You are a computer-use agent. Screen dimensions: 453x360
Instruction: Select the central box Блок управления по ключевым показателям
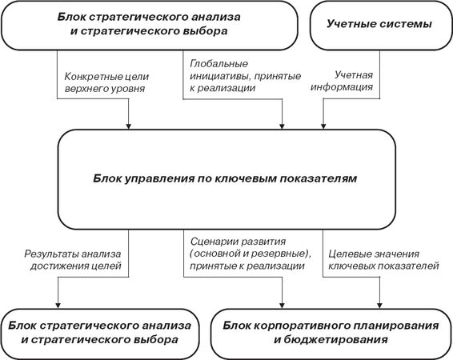[226, 179]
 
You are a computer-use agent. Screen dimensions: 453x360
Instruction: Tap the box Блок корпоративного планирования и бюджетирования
[331, 334]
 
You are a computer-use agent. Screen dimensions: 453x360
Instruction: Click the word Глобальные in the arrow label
[218, 63]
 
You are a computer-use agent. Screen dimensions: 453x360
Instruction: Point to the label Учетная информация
[342, 81]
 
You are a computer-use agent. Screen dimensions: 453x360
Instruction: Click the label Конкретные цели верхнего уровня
[106, 82]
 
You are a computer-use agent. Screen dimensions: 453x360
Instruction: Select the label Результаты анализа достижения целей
[73, 259]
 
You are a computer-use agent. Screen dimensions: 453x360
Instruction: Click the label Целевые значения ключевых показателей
[383, 259]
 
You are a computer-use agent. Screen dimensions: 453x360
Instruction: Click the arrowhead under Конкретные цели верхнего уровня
[129, 126]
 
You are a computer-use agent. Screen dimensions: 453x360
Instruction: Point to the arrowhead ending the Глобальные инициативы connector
[282, 126]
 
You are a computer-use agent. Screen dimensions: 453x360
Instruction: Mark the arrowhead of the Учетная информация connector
[323, 126]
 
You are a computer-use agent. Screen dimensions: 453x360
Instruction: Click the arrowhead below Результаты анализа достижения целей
[58, 306]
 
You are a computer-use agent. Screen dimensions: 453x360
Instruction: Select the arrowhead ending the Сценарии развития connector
[282, 306]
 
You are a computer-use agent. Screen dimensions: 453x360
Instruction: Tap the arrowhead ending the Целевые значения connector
[379, 306]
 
